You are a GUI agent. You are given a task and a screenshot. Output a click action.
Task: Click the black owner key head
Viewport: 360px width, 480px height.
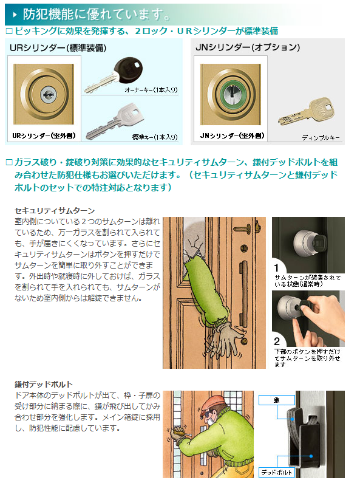coord(128,69)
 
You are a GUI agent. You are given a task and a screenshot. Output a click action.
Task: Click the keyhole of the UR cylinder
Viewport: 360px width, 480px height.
coord(49,94)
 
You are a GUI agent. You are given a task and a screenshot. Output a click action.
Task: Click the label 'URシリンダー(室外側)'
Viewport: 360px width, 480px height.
coord(44,135)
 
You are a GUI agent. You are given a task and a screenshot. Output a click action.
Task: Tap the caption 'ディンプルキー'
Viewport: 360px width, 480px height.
coord(321,138)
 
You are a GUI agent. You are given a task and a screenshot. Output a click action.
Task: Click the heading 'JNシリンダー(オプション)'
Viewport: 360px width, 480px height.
coord(248,47)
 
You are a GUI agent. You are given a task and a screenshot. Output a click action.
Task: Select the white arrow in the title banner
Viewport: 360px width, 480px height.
coord(15,15)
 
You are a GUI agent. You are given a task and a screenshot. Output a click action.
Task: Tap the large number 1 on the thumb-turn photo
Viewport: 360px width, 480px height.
coord(276,268)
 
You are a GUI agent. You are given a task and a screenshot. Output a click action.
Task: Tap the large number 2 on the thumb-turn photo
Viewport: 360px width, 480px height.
coord(277,341)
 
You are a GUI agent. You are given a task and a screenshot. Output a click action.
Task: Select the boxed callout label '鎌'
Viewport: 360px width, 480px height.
coord(276,400)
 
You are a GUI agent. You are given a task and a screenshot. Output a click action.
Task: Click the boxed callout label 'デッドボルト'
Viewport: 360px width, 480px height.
coord(276,472)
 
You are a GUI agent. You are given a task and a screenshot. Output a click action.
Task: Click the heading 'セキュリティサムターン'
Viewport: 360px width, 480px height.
coord(55,211)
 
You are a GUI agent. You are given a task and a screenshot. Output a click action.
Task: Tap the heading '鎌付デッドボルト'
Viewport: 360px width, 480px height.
coord(44,384)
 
